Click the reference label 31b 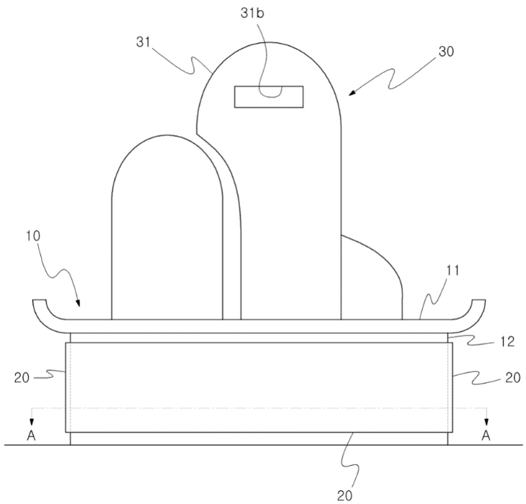252,13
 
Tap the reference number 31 143,43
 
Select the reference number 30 446,52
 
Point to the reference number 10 33,236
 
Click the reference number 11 453,270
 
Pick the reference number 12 507,342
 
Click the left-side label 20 22,378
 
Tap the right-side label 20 513,378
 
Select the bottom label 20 345,495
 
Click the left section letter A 31,436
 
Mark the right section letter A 486,436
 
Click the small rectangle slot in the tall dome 269,97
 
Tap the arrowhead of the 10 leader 78,304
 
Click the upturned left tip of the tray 39,300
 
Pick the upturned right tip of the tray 478,300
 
